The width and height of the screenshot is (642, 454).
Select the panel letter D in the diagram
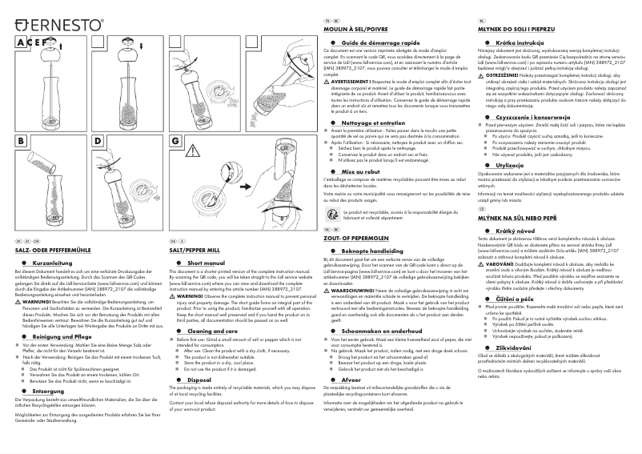point(98,140)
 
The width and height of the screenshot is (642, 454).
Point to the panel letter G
point(175,140)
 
